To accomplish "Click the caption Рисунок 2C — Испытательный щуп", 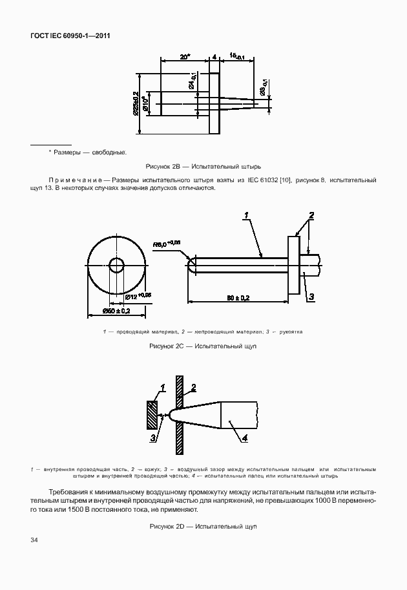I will pos(203,347).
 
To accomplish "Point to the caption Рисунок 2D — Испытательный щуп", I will pos(203,527).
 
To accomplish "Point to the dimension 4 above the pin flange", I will pos(214,57).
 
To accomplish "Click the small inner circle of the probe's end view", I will pos(117,265).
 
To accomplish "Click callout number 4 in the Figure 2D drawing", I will pos(245,439).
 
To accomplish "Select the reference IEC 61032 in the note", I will pos(262,180).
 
